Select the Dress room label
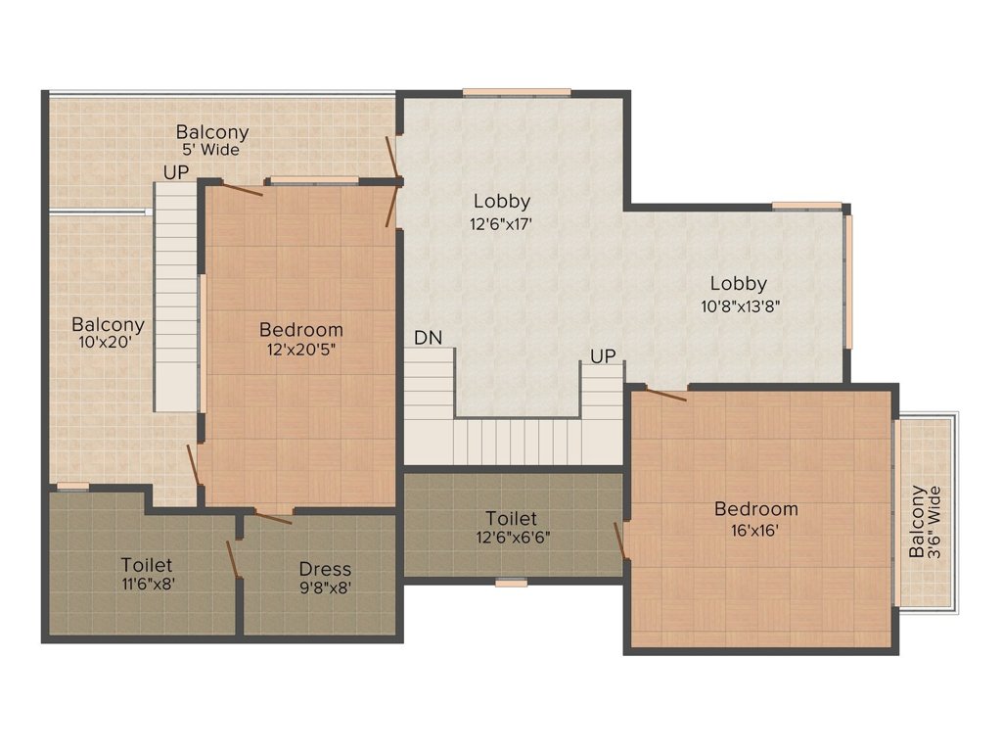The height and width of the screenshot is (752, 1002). pos(325,569)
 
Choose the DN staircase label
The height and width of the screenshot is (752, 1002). pos(428,338)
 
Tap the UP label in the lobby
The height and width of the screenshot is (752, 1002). pos(604,356)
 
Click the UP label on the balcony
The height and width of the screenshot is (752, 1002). pos(176,171)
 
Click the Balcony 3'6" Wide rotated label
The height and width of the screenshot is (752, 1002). pos(925,521)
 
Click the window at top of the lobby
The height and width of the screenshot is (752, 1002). pos(516,93)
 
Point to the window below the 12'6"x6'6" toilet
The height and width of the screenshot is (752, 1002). pos(511,583)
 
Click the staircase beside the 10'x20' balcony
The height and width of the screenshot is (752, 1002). pos(177,304)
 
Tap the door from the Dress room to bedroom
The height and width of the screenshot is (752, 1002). pos(274,514)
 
